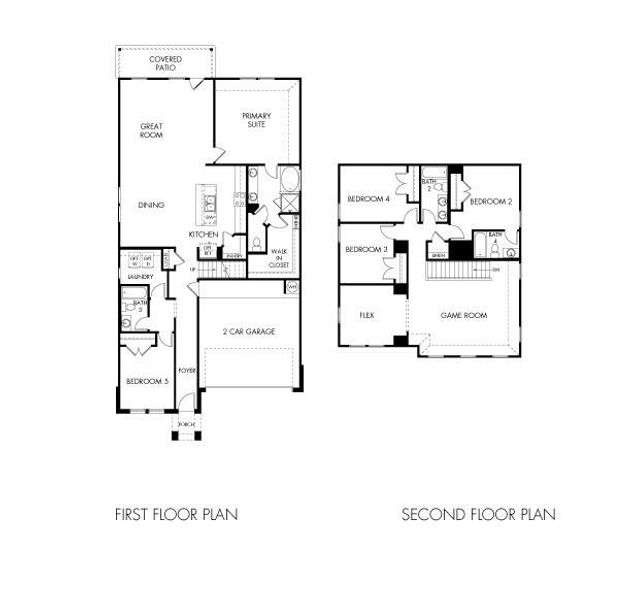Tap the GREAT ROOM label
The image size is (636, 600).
pyautogui.click(x=152, y=131)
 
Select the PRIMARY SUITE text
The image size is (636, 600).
pyautogui.click(x=256, y=121)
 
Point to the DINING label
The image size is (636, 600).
pyautogui.click(x=152, y=205)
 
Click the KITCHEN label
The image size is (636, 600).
pyautogui.click(x=203, y=234)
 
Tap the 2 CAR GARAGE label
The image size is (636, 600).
pyautogui.click(x=248, y=332)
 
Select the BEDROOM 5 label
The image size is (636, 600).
pyautogui.click(x=145, y=380)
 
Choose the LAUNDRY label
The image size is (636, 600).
pyautogui.click(x=139, y=275)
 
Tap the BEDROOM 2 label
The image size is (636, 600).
pyautogui.click(x=491, y=201)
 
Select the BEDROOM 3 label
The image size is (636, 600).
pyautogui.click(x=366, y=249)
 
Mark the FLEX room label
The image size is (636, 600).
pyautogui.click(x=366, y=314)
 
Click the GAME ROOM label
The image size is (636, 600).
pyautogui.click(x=464, y=315)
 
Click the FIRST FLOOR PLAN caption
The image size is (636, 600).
pyautogui.click(x=176, y=515)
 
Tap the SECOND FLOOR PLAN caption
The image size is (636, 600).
pyautogui.click(x=478, y=515)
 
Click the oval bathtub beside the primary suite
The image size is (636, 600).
pyautogui.click(x=289, y=181)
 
